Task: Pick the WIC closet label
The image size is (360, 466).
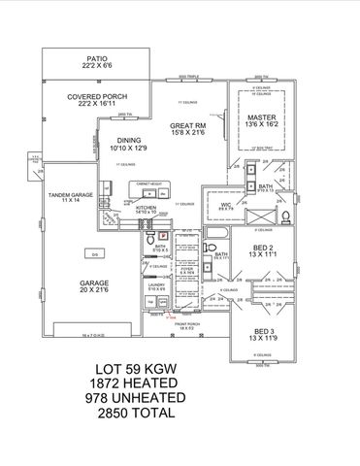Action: (224, 206)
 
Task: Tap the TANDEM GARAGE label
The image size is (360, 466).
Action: (69, 194)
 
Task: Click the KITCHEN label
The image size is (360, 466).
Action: (146, 207)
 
